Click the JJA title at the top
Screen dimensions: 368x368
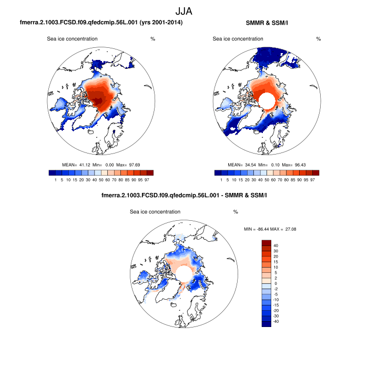(x=184, y=10)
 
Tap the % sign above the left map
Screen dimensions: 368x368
(x=152, y=39)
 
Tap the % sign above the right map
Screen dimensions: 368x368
(x=319, y=39)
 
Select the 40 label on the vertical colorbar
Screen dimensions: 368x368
(x=275, y=246)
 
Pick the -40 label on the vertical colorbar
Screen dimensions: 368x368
(x=277, y=321)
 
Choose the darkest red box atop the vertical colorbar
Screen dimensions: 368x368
(x=266, y=243)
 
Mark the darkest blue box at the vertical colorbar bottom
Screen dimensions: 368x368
(x=266, y=324)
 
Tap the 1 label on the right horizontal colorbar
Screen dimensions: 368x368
(x=221, y=180)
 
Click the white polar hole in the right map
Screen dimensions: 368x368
(x=266, y=100)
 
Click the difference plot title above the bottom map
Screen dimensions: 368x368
(x=183, y=196)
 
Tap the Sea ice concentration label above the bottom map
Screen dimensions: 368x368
(x=155, y=212)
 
